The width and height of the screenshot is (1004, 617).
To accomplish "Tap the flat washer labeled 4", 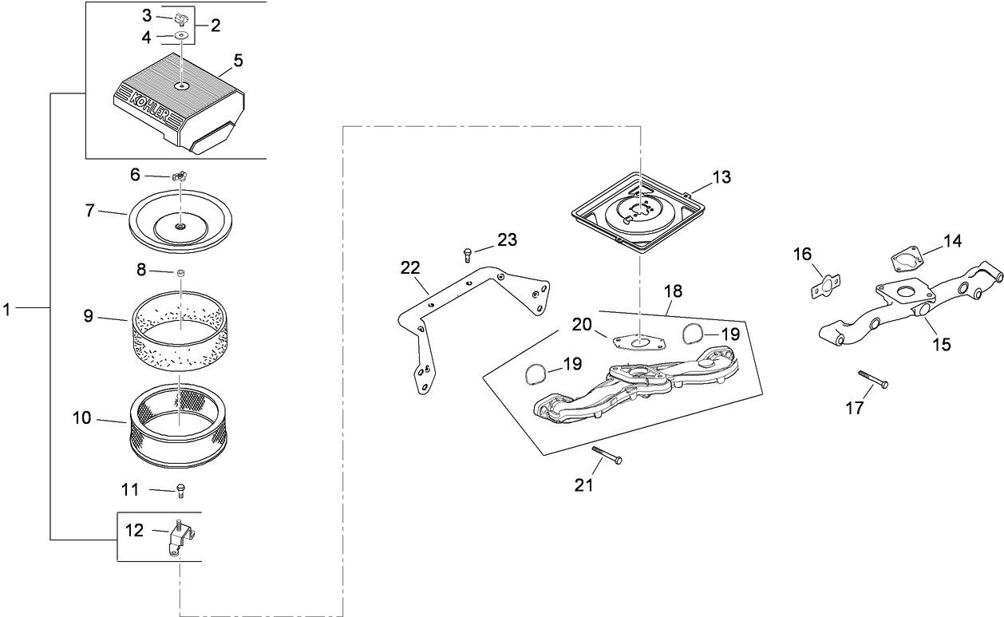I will pos(182,35).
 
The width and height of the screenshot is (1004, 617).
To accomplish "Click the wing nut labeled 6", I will pos(180,175).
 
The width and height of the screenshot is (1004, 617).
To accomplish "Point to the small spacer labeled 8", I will pos(180,273).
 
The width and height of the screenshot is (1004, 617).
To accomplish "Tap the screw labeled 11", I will pos(180,489).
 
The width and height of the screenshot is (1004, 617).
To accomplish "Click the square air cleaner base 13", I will pos(641,212).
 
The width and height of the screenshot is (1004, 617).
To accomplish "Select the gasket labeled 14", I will pos(906,259).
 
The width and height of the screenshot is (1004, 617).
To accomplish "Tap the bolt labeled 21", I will pos(607,456).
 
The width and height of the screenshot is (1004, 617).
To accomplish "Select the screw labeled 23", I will pos(467,255).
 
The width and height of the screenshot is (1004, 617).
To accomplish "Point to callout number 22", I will pos(409,267).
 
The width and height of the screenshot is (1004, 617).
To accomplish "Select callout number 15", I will pos(942,344).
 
